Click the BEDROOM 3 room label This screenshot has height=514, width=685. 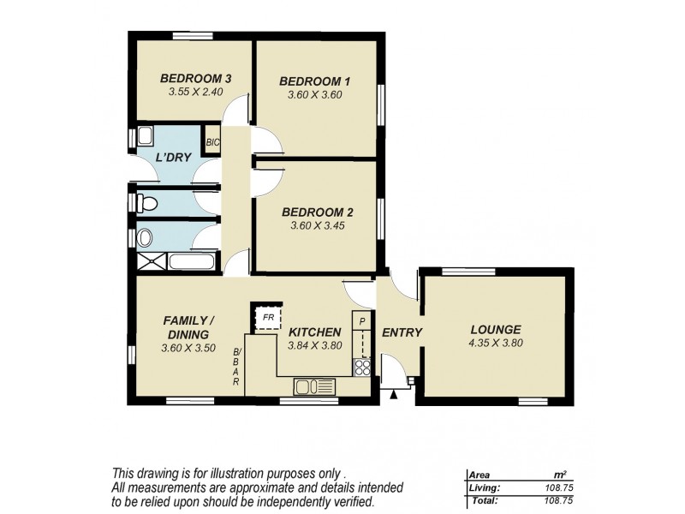(195, 79)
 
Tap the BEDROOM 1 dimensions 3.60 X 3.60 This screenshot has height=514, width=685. (315, 95)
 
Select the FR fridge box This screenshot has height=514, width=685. (267, 317)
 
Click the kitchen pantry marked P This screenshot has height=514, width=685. (362, 324)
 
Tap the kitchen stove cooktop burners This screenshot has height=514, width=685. (362, 367)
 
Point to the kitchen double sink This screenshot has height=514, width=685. (313, 385)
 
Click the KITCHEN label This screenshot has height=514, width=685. (315, 332)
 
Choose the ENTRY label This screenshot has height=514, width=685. (402, 332)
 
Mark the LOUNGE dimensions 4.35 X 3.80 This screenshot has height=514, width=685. (495, 343)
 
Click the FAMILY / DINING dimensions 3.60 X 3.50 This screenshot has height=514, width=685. (188, 349)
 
